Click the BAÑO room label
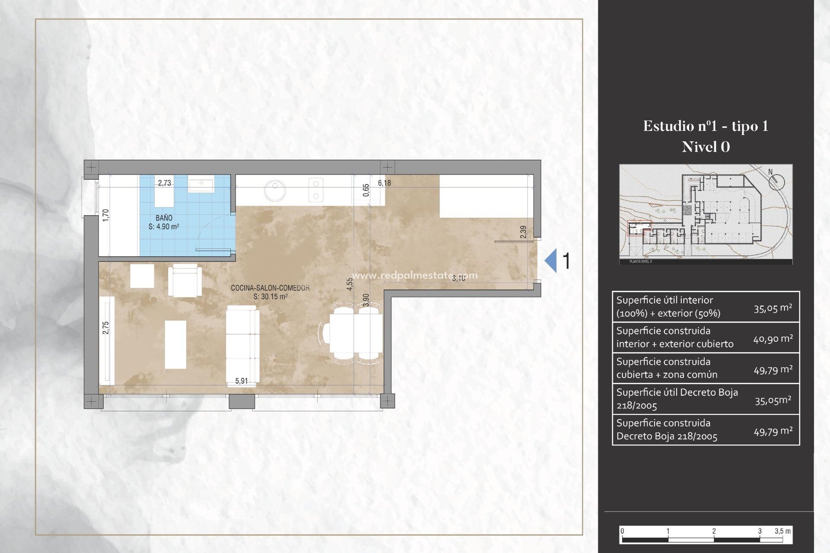point(164,218)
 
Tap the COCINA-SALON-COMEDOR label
point(270,288)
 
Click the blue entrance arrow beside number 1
point(551,261)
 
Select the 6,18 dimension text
point(384,183)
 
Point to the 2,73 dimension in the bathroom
point(164,183)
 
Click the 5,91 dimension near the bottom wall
point(241,381)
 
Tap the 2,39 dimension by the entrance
point(524,232)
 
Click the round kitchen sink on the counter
point(275,190)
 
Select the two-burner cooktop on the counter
point(316,190)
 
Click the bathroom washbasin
point(201,185)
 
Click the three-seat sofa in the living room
point(243,344)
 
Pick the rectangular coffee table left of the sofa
point(176,344)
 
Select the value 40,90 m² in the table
point(773,339)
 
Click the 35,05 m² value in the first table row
point(773,308)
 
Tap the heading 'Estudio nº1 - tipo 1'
point(705,126)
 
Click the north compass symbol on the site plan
point(776,181)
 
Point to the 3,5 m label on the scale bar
point(782,531)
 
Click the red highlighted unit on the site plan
point(639,228)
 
